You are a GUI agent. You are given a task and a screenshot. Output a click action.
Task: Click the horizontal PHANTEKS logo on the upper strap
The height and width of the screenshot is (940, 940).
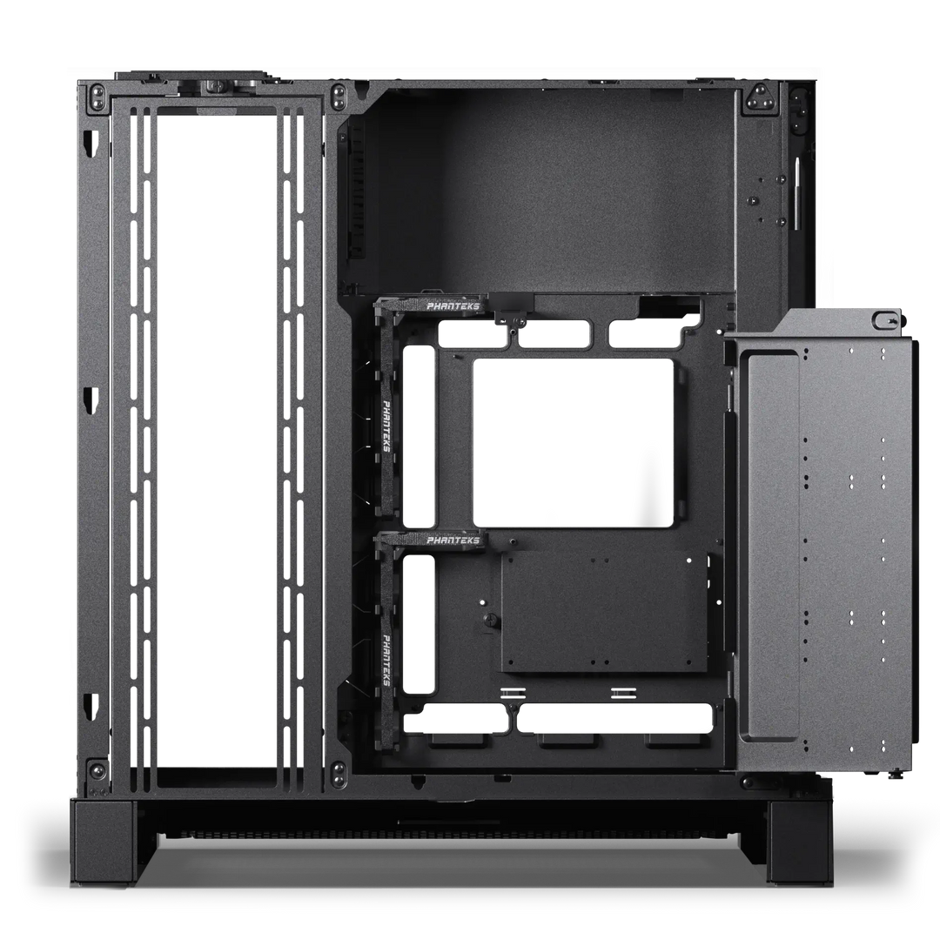click(x=453, y=306)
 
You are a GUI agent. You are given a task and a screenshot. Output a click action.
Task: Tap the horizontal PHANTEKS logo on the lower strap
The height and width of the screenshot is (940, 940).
click(x=453, y=540)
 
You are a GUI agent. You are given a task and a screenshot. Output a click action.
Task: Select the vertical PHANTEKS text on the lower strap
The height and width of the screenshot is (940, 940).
click(x=386, y=660)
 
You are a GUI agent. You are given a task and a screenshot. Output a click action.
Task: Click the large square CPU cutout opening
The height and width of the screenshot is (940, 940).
click(x=573, y=443)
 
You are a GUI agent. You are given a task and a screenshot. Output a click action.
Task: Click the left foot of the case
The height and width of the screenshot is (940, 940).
click(x=102, y=842)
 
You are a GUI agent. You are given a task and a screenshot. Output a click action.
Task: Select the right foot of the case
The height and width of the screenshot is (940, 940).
click(x=801, y=842)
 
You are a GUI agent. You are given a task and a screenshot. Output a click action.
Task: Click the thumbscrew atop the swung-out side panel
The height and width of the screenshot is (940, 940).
click(x=885, y=319)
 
